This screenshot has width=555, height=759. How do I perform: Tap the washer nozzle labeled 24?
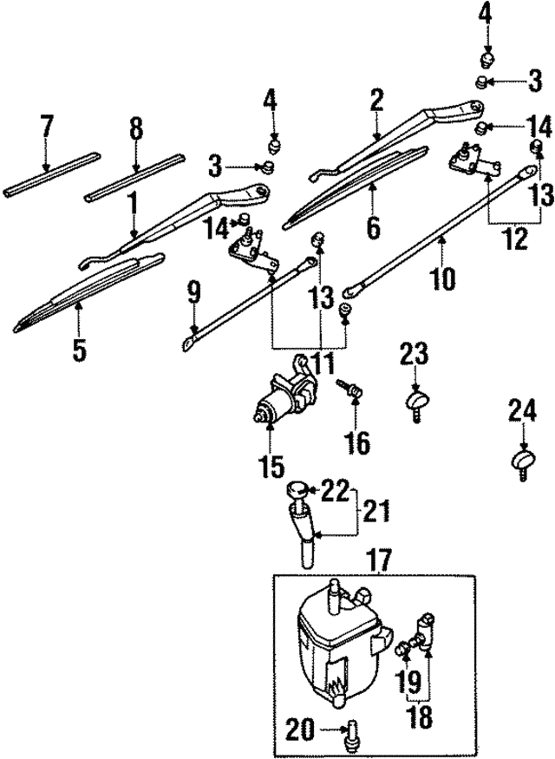coord(523,461)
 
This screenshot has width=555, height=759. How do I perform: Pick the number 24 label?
coord(523,409)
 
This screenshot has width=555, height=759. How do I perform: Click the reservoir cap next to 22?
coord(298,491)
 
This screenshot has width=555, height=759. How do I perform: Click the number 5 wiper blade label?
coord(79,351)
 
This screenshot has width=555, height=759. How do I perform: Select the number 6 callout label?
coord(373,227)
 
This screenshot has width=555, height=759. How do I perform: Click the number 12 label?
coord(516,238)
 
